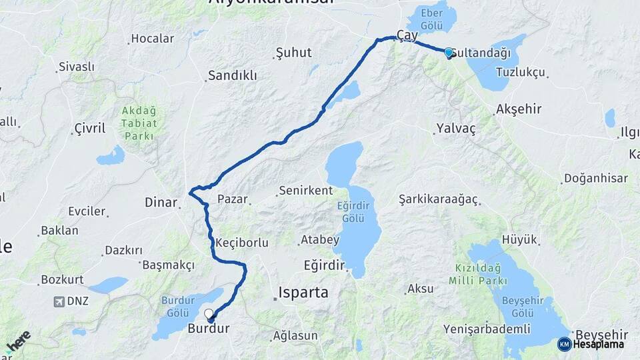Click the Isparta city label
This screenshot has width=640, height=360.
[x=303, y=292]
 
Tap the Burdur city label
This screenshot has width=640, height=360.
[x=209, y=328]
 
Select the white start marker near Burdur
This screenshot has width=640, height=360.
[x=209, y=313]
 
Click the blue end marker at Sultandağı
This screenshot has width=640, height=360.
[x=449, y=52]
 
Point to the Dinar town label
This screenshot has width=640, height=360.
[x=161, y=202]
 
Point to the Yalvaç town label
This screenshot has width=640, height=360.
[x=456, y=129]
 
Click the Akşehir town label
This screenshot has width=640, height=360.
[x=519, y=109]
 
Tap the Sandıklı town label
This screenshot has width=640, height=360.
[x=232, y=75]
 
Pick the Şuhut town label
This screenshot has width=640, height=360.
[x=294, y=53]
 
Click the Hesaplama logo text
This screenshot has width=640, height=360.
[x=599, y=344]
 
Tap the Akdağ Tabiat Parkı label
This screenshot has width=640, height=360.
[x=139, y=123]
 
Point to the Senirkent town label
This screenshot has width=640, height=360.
[x=305, y=191]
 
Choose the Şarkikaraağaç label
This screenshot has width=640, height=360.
[x=439, y=199]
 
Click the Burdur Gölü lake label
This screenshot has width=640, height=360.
[x=178, y=306]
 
